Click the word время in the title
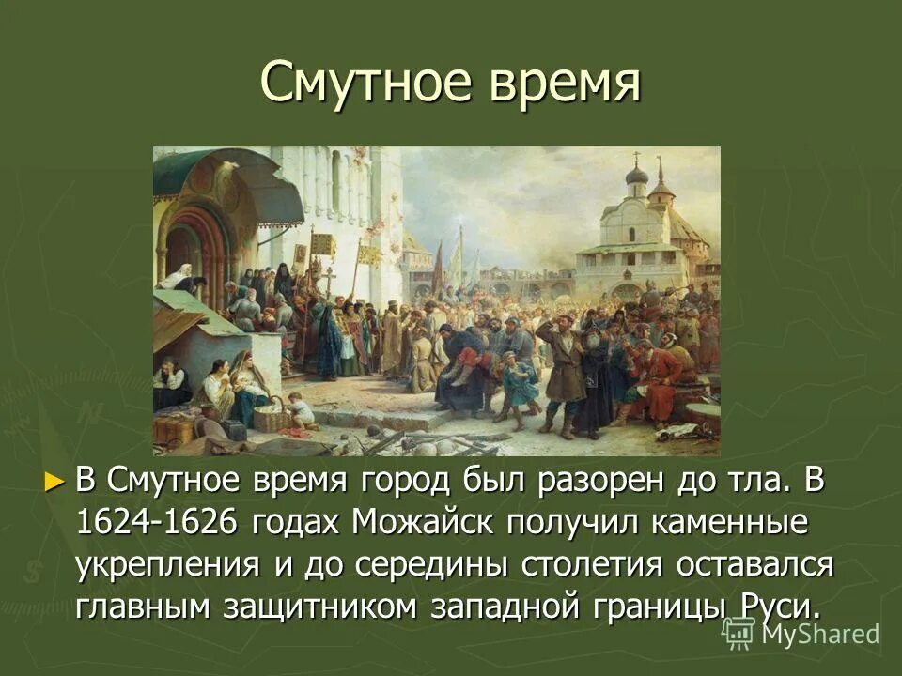point(564,83)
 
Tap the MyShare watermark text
point(819,634)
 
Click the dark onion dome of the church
point(637,176)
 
